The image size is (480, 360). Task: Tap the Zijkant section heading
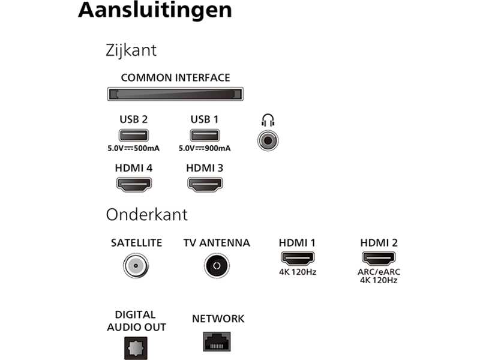(131, 50)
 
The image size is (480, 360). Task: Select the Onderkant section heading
(146, 215)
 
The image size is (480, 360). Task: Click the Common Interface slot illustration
(175, 94)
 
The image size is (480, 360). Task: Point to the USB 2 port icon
(133, 136)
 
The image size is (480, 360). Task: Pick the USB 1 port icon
(205, 136)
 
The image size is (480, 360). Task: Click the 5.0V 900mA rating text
(205, 148)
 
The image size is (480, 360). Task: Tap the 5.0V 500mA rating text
(133, 148)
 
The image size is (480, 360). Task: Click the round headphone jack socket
(268, 140)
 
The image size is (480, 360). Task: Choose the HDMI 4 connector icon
(134, 185)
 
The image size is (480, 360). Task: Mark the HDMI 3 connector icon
(205, 185)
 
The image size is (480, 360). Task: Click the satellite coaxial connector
(136, 266)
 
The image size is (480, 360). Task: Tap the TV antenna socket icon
(217, 266)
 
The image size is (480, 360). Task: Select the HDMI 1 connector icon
(298, 259)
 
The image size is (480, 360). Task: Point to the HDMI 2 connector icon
(379, 259)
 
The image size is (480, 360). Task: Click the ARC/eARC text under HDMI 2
(379, 272)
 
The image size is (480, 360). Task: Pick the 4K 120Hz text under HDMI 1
(298, 272)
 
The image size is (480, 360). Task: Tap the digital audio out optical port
(136, 349)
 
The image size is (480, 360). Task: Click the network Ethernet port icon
(217, 341)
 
